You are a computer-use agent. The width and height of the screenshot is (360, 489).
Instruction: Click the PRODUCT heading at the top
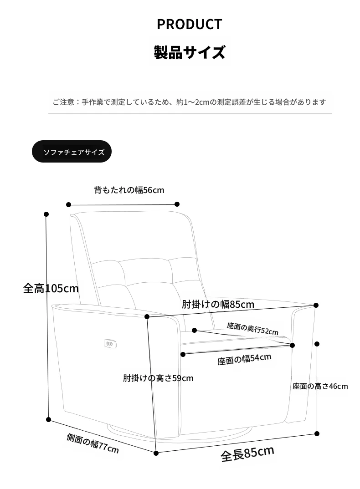point(189,24)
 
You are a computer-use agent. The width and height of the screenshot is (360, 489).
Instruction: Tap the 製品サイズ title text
point(190,52)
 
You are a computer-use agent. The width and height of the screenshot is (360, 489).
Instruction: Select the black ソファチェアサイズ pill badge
point(72,152)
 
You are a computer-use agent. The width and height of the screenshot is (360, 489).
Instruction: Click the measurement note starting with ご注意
point(189,102)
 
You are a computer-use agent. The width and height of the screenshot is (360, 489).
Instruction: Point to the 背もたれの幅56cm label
point(129,190)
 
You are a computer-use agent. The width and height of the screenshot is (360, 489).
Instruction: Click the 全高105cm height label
point(51,288)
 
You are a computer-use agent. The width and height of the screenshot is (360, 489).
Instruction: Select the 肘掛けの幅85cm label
point(218,304)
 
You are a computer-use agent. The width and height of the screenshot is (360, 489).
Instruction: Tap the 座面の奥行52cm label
point(252,329)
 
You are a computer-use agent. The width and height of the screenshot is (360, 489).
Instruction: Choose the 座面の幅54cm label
point(244,359)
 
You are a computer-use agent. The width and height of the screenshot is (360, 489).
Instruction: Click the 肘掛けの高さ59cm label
point(158,378)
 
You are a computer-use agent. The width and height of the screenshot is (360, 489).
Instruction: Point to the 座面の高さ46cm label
point(320,387)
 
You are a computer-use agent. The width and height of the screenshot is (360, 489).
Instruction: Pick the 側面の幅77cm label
point(93,443)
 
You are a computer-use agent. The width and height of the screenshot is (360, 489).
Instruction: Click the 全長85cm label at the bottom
point(247,454)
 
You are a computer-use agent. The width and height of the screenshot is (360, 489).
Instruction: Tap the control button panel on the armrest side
point(110,344)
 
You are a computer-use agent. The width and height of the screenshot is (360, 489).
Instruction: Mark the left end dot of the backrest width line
point(69,204)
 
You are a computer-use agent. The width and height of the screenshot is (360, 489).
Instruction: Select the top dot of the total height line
point(46,214)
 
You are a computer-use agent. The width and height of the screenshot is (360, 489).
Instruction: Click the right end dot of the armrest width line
point(316,306)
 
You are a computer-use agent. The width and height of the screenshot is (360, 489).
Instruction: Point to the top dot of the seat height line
point(317,344)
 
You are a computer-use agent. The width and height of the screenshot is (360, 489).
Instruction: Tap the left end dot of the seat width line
point(183,354)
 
